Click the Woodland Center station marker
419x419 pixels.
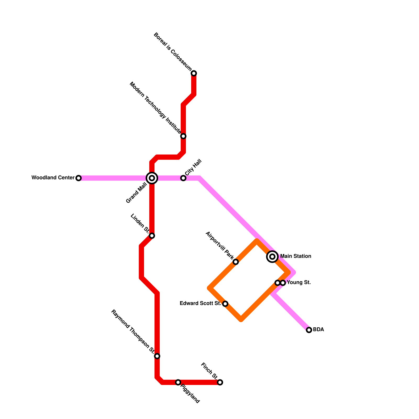pos(79,178)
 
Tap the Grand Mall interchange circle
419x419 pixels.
pos(152,178)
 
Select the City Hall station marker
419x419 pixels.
pos(183,178)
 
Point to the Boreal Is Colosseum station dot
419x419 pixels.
pos(194,73)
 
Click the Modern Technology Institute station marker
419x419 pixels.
pos(183,136)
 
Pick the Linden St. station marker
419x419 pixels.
pos(152,236)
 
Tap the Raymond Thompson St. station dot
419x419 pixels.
pos(157,356)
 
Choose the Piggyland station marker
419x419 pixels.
pos(178,382)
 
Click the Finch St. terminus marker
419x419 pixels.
pos(220,382)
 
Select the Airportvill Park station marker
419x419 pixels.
pos(236,262)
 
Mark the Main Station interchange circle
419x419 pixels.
pos(272,257)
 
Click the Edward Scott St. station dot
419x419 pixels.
pos(225,304)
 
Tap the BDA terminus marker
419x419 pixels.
pos(309,330)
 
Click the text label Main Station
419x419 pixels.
pos(295,256)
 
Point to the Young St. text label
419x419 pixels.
pos(299,283)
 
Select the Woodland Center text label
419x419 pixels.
pos(53,178)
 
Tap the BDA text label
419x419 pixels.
pos(318,329)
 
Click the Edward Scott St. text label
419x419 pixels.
pos(200,304)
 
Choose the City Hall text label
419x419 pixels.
pos(193,167)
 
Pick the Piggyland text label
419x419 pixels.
pos(190,394)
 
